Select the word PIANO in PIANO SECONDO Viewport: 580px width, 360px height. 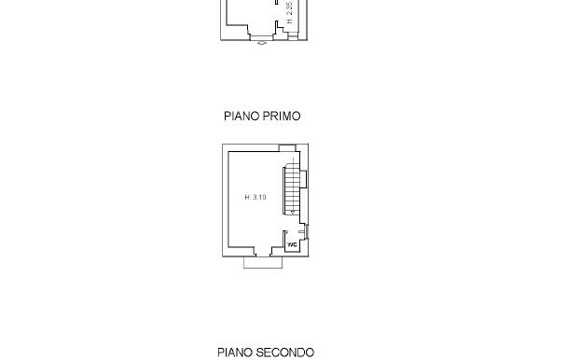point(235,353)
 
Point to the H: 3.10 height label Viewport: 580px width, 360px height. point(255,197)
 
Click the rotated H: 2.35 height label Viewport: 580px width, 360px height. point(289,12)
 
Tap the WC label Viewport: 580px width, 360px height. point(292,244)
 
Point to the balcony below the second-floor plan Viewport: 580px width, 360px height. point(263,262)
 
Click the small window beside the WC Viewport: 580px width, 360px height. point(307,232)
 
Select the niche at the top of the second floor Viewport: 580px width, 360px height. point(287,148)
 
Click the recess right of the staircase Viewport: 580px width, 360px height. point(303,179)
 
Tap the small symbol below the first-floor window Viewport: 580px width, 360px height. point(262,43)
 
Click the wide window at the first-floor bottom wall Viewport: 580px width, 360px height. point(261,37)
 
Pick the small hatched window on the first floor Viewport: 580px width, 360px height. point(293,35)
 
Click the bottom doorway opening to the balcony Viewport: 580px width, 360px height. point(263,255)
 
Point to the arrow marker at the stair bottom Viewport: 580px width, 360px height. point(293,212)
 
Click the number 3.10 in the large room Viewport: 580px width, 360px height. point(259,197)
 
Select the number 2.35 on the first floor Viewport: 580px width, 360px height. point(289,8)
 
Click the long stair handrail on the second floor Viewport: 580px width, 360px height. point(283,190)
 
